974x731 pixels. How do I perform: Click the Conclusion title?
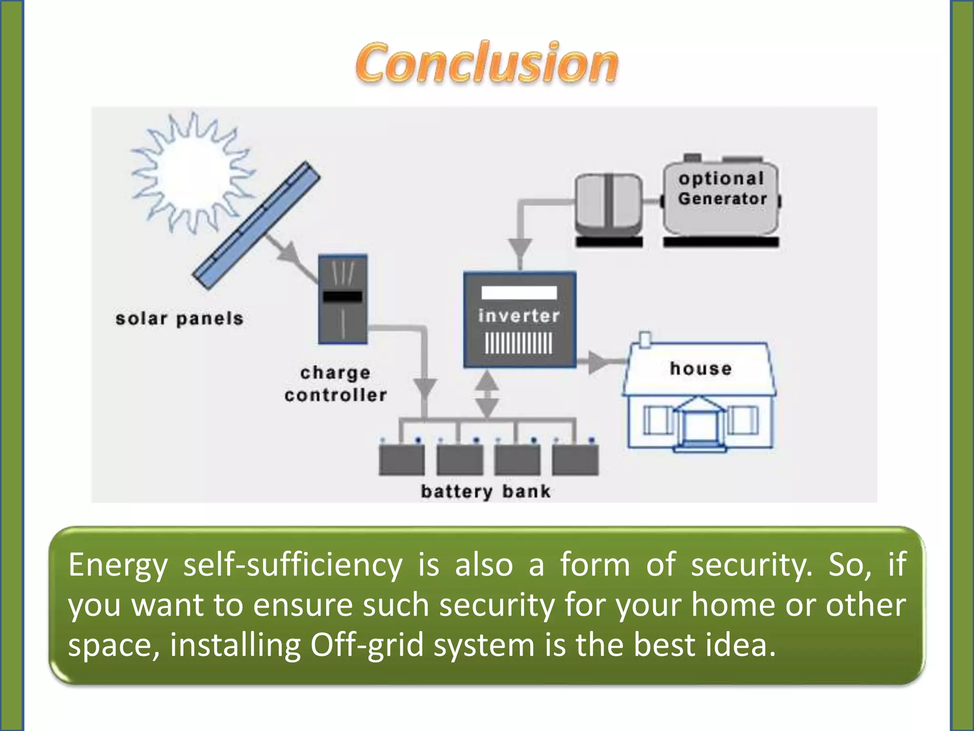[486, 63]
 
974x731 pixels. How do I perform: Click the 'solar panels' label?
[179, 319]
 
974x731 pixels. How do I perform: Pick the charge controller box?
[342, 299]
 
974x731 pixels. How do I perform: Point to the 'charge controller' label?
[335, 384]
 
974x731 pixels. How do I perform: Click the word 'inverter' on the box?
[519, 316]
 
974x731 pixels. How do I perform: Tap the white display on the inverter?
[519, 293]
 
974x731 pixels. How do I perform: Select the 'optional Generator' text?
[722, 188]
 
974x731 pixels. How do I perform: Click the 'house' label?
[701, 368]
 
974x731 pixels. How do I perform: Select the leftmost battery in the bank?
[401, 459]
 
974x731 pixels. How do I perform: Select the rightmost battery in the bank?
[575, 459]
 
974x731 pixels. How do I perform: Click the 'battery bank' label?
[486, 491]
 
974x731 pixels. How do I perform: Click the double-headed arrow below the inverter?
[487, 395]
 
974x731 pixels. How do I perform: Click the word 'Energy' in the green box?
[117, 565]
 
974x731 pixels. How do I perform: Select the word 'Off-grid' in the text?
[366, 645]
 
